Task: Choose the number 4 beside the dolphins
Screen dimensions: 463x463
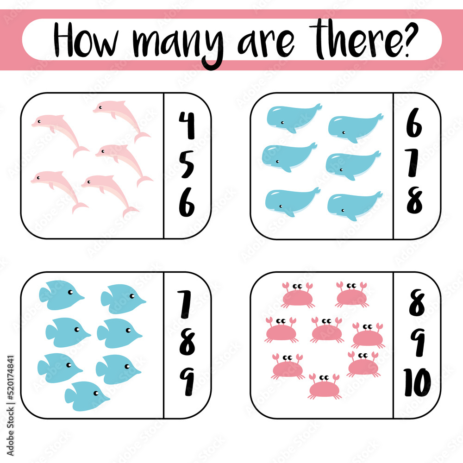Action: click(187, 126)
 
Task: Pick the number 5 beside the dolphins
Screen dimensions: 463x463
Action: click(187, 165)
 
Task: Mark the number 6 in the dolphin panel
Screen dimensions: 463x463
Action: click(187, 204)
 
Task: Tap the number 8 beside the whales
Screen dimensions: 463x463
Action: click(414, 201)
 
